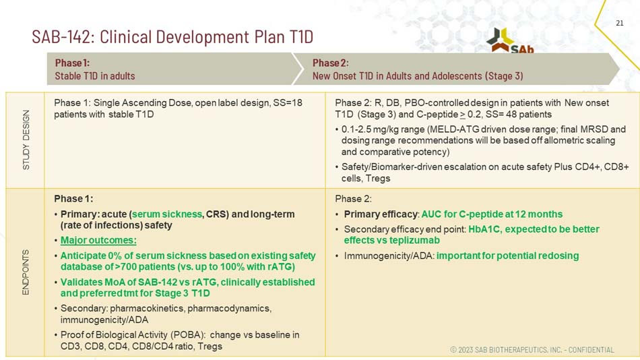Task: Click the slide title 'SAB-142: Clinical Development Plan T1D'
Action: tap(172, 36)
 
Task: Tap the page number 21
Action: tap(620, 24)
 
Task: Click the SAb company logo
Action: tap(511, 41)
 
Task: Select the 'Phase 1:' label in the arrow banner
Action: tap(72, 63)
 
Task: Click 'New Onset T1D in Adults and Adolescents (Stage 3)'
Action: tap(418, 76)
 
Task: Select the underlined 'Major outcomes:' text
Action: tap(98, 240)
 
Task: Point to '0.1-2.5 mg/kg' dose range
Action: tap(371, 129)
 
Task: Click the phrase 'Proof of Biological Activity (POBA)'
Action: tap(141, 334)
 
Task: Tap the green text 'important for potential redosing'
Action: tap(507, 256)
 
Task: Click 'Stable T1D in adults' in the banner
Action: tap(95, 76)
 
